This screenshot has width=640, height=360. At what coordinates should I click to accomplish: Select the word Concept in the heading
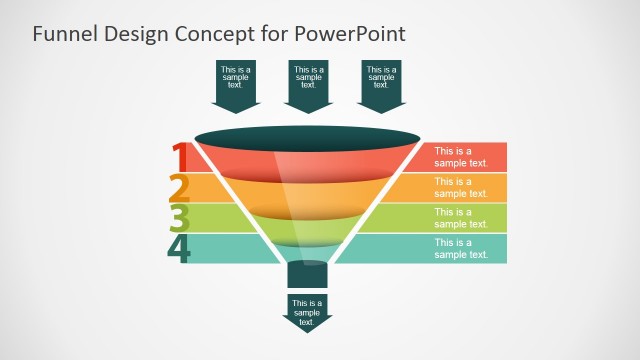pos(208,33)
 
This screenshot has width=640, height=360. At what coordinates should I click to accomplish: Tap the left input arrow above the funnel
pos(237,84)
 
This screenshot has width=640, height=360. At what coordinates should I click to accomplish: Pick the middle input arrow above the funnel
pos(309,84)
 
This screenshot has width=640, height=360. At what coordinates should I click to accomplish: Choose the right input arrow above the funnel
pos(381,84)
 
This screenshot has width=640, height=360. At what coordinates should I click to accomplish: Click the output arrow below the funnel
pos(307,311)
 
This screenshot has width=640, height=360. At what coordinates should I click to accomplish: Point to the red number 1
pos(180,158)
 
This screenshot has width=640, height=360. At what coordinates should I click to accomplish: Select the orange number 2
pos(180,188)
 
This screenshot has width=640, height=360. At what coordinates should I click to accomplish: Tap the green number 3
pos(180,218)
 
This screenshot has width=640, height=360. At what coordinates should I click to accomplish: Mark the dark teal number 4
pos(180,248)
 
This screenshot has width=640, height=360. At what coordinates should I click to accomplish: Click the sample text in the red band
pos(461,157)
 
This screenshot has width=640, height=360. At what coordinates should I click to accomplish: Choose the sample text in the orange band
pos(461,187)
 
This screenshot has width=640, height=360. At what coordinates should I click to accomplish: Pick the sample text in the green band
pos(461,218)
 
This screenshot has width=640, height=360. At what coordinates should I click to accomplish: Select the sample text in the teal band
pos(461,248)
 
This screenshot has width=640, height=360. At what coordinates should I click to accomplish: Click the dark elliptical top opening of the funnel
pos(307,137)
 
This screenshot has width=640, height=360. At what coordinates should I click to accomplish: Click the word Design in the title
pos(135,34)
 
